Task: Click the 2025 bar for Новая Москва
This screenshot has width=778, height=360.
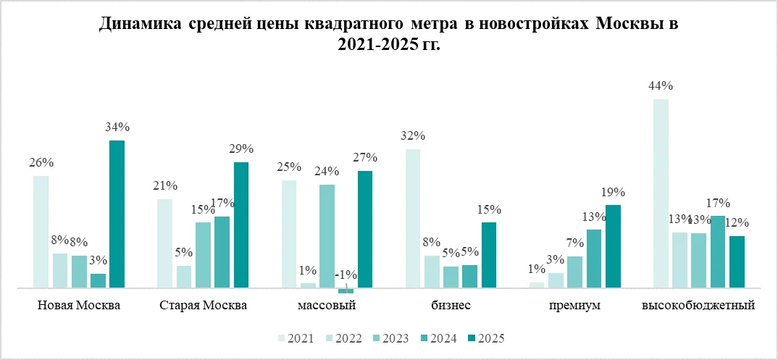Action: click(x=117, y=214)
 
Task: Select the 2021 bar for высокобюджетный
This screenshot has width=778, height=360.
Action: click(x=661, y=193)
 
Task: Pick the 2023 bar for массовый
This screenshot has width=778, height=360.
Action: click(x=327, y=236)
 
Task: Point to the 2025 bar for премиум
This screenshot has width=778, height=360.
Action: click(x=613, y=246)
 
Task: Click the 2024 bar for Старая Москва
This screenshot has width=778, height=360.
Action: click(x=222, y=252)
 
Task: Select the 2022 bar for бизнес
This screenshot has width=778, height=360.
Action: click(x=432, y=272)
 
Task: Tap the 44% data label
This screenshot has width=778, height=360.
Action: click(x=661, y=86)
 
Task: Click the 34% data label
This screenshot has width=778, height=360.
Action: click(x=117, y=127)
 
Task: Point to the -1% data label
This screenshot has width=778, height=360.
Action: click(x=345, y=276)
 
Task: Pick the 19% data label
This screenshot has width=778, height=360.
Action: click(x=613, y=193)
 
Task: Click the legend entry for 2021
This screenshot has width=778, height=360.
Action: click(x=293, y=338)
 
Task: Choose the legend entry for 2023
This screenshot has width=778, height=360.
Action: click(x=390, y=338)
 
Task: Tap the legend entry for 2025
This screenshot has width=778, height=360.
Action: click(x=486, y=338)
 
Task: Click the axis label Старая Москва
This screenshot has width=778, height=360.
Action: click(x=204, y=305)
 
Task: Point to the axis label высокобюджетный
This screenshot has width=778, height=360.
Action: click(x=699, y=305)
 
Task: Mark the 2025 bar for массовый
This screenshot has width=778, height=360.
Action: click(x=364, y=230)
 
